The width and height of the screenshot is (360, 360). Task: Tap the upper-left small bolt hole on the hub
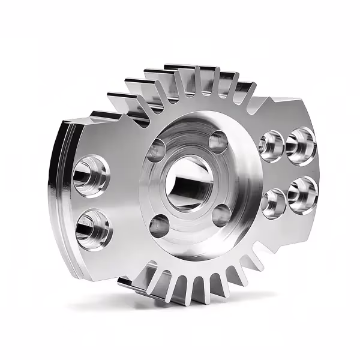[158, 149]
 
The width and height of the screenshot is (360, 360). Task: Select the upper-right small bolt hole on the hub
[218, 142]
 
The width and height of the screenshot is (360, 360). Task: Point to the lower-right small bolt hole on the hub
[221, 215]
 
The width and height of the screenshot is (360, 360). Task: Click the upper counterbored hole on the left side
[91, 176]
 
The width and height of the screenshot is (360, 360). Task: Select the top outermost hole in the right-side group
[300, 145]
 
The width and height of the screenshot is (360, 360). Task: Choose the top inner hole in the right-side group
[271, 146]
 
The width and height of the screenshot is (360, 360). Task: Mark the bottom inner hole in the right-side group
[274, 202]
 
